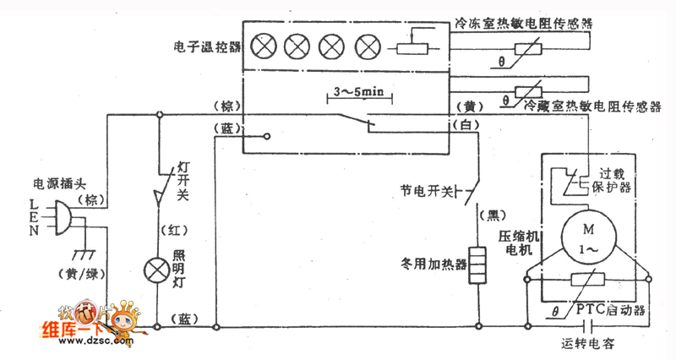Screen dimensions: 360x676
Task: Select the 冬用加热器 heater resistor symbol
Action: [479, 265]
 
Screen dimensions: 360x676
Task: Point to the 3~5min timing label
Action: [357, 91]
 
